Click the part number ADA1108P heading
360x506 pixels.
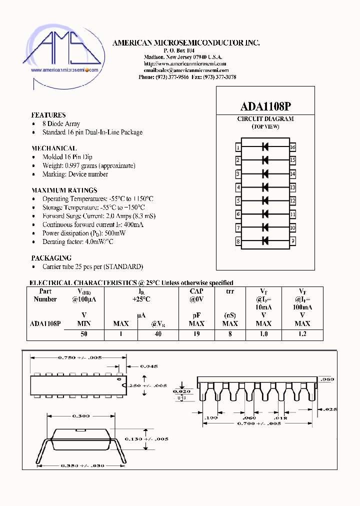point(265,106)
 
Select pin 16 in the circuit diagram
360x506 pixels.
point(292,147)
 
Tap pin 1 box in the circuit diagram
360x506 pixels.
point(238,147)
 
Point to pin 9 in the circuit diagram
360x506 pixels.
point(292,241)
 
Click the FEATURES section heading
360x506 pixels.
point(48,115)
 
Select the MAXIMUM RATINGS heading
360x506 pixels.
point(64,190)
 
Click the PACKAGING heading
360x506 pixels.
point(51,258)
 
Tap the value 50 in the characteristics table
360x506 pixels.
point(84,334)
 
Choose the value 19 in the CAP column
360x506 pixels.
point(196,334)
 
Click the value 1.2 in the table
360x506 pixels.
point(302,334)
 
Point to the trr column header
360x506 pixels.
point(230,291)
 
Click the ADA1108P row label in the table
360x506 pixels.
point(45,323)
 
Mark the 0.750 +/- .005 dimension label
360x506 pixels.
point(80,357)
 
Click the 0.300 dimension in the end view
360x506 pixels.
point(81,416)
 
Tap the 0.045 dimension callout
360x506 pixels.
point(148,366)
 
